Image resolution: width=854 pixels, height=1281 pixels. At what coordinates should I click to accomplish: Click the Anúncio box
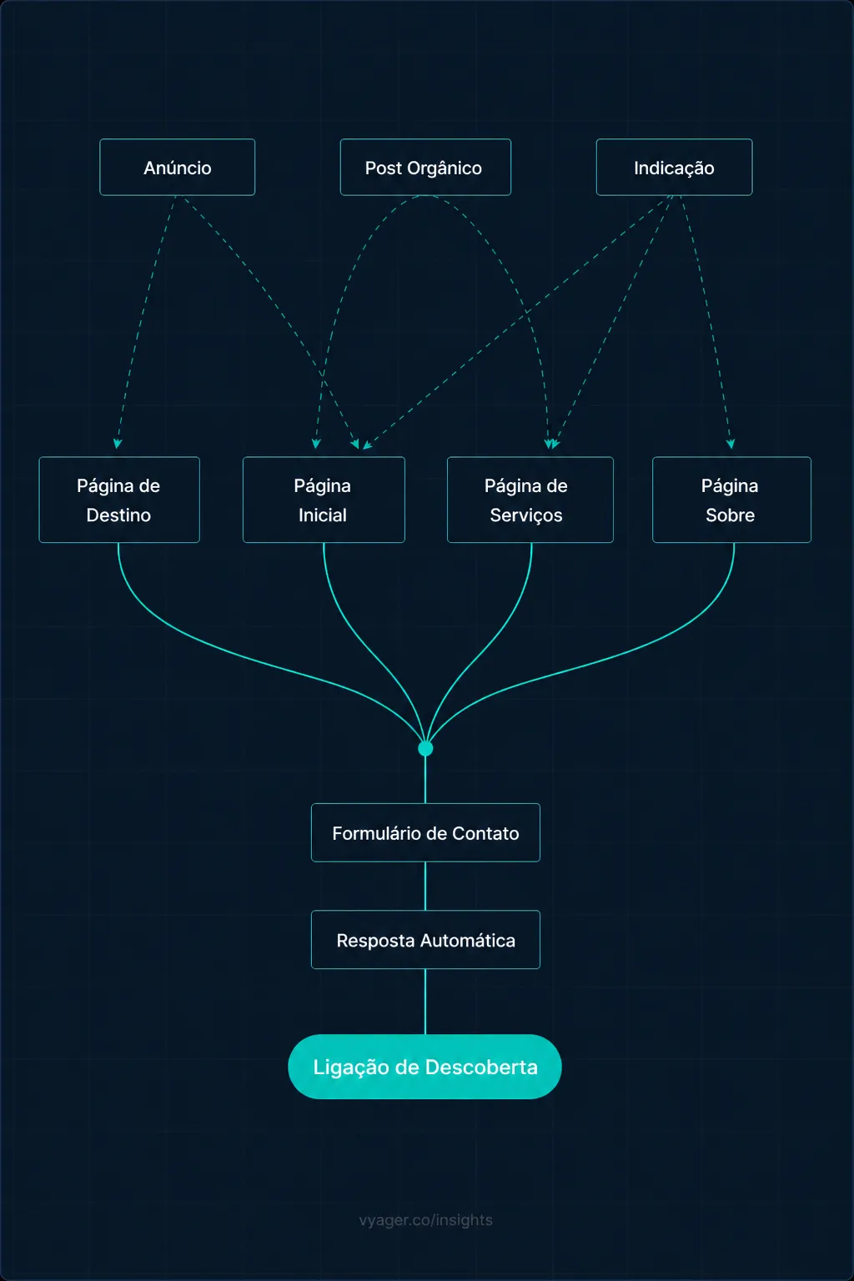click(177, 168)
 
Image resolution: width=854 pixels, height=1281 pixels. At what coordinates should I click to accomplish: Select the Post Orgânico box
click(424, 168)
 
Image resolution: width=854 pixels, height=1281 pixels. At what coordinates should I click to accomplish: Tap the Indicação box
click(674, 168)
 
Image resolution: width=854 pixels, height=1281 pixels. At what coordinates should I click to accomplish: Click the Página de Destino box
click(119, 500)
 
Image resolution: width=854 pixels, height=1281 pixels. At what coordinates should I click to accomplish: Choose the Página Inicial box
click(324, 500)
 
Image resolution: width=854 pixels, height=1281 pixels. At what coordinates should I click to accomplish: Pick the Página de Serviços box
click(530, 500)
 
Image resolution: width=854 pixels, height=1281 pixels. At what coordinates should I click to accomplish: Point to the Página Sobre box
click(731, 500)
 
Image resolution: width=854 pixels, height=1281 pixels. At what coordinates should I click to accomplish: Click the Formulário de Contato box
click(425, 832)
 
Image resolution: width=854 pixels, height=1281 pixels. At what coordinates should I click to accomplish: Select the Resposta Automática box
click(425, 940)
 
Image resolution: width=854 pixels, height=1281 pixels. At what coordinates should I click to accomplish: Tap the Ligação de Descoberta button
click(424, 1067)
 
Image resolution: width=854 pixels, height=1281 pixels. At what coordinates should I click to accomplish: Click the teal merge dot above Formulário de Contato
click(425, 748)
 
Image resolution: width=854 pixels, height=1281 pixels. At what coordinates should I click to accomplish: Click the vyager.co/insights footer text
click(425, 1220)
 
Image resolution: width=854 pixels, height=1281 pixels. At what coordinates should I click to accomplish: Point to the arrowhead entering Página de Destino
click(118, 444)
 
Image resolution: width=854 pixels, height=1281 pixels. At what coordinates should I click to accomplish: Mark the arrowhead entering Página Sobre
click(731, 444)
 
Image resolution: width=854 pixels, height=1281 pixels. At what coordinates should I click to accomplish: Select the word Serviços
click(526, 515)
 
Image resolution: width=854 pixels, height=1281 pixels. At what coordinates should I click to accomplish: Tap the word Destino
click(118, 515)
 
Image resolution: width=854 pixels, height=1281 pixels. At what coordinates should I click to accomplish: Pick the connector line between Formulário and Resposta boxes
click(425, 886)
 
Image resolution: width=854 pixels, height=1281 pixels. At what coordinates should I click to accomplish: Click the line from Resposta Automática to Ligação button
click(425, 1001)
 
